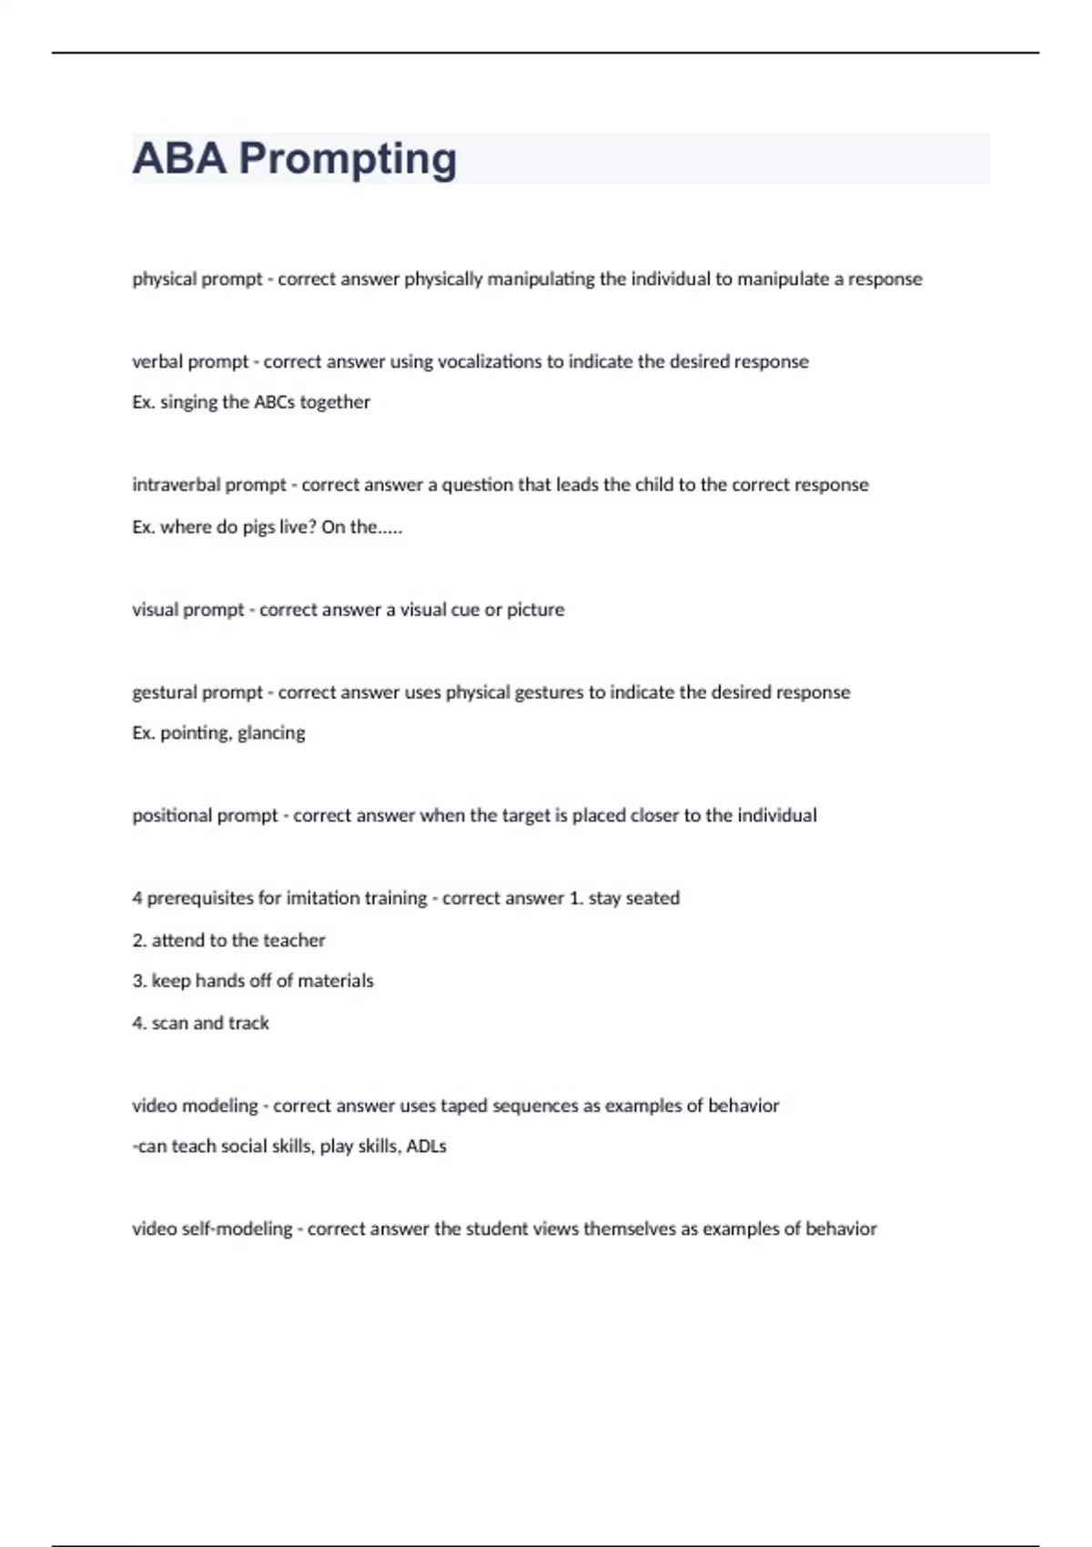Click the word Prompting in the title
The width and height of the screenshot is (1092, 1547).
[348, 159]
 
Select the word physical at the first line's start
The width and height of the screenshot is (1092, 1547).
[164, 279]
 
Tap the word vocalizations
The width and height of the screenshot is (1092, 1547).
[490, 362]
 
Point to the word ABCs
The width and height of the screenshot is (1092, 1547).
[274, 402]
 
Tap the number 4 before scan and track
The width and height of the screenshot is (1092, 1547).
[137, 1023]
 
